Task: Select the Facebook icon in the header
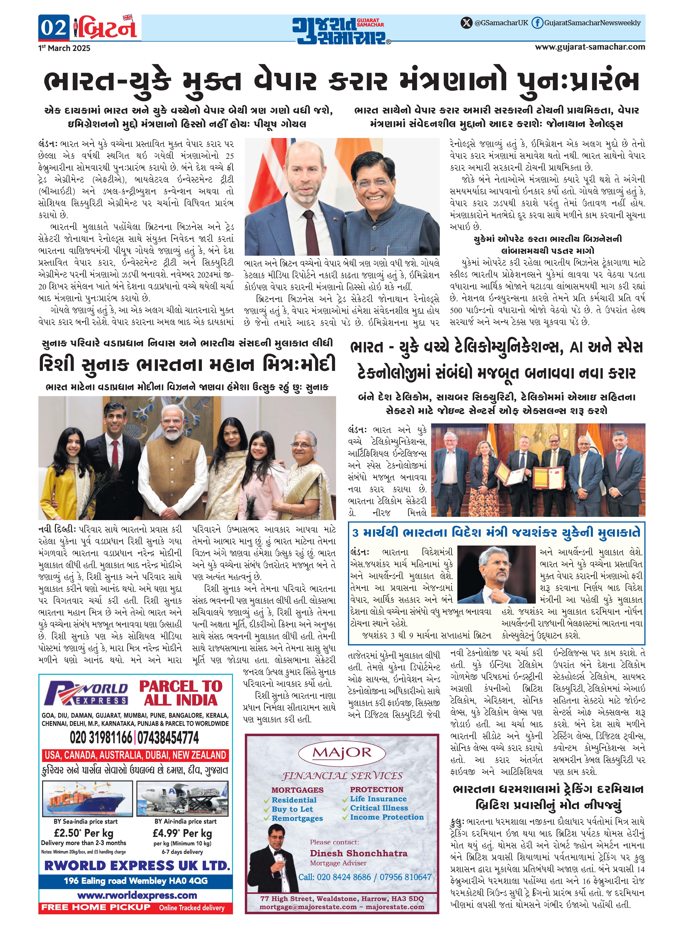click(537, 23)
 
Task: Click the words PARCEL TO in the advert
click(181, 686)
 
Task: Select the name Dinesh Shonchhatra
click(359, 853)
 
